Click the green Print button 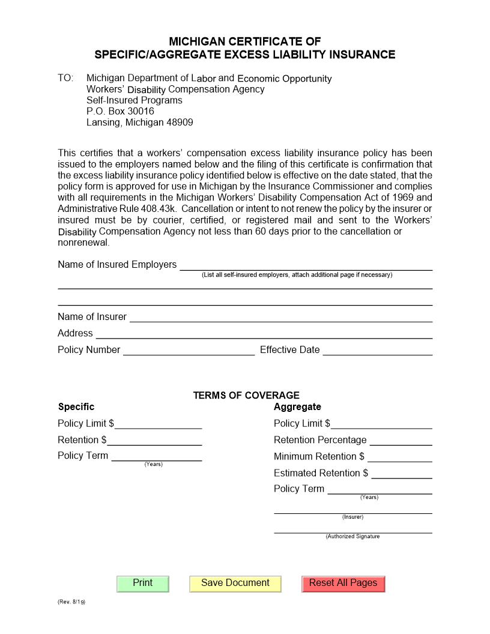pyautogui.click(x=143, y=584)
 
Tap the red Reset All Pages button pyautogui.click(x=343, y=584)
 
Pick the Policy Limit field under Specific pyautogui.click(x=159, y=423)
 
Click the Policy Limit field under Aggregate pyautogui.click(x=381, y=423)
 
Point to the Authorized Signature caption pyautogui.click(x=352, y=537)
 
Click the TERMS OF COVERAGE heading pyautogui.click(x=246, y=395)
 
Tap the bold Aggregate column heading pyautogui.click(x=297, y=406)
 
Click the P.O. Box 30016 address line pyautogui.click(x=120, y=111)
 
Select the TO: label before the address pyautogui.click(x=65, y=78)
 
